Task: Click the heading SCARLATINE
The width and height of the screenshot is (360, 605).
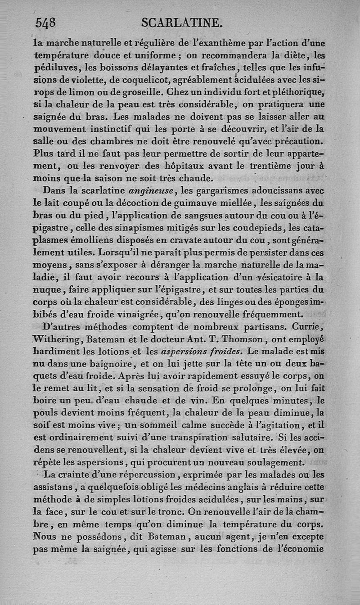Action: pyautogui.click(x=182, y=22)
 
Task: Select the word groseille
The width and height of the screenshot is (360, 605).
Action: pyautogui.click(x=146, y=92)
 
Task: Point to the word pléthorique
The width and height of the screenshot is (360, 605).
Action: pyautogui.click(x=296, y=92)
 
